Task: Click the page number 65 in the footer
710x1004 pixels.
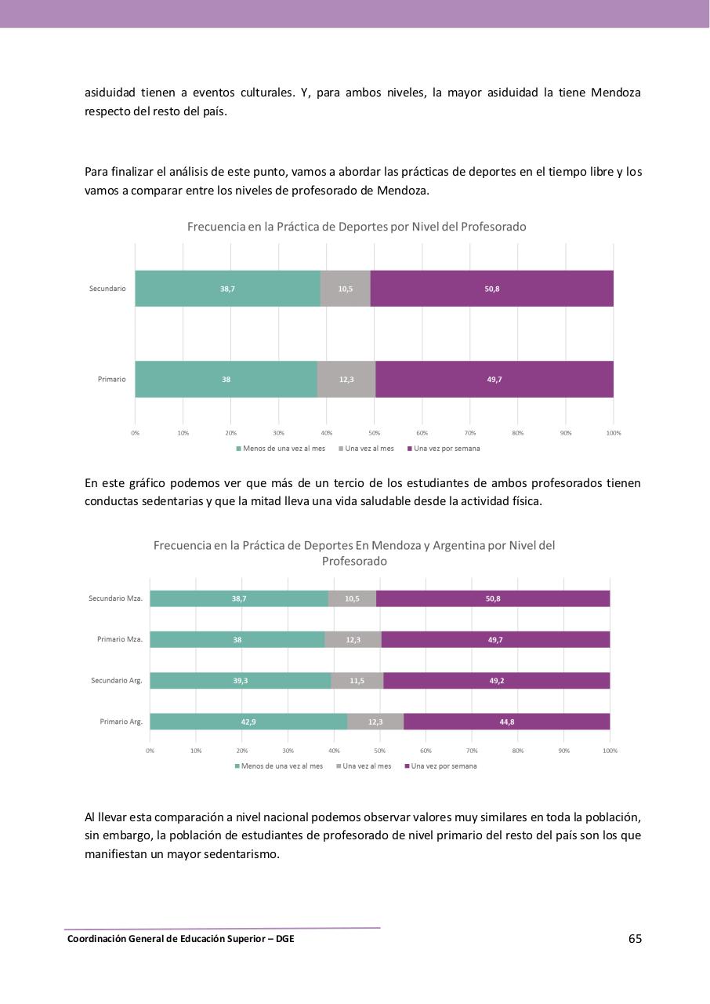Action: tap(635, 939)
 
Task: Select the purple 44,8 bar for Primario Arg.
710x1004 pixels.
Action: tap(506, 722)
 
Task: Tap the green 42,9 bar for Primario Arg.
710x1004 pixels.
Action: tap(248, 722)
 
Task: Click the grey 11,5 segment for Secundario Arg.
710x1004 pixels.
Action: tap(357, 681)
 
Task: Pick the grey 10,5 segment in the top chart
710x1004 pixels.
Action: tap(345, 289)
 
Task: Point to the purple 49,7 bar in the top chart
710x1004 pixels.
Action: tap(494, 380)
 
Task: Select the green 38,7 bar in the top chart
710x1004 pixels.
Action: tap(227, 289)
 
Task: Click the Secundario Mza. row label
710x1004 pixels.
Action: tap(115, 598)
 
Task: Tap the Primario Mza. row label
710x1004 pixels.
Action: tap(120, 639)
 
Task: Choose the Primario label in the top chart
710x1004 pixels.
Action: tap(111, 380)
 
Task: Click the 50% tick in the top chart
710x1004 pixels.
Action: tap(375, 433)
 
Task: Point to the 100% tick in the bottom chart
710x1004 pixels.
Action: tap(610, 751)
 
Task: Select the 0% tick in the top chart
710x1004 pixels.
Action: tap(135, 433)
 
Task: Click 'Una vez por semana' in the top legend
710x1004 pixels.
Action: tap(447, 449)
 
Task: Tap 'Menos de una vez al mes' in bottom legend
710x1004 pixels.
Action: tap(281, 766)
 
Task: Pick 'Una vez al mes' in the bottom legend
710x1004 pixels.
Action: tap(367, 766)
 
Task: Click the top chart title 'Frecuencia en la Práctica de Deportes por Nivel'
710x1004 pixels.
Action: tap(357, 227)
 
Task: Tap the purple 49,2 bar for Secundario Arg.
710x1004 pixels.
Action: tap(496, 681)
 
